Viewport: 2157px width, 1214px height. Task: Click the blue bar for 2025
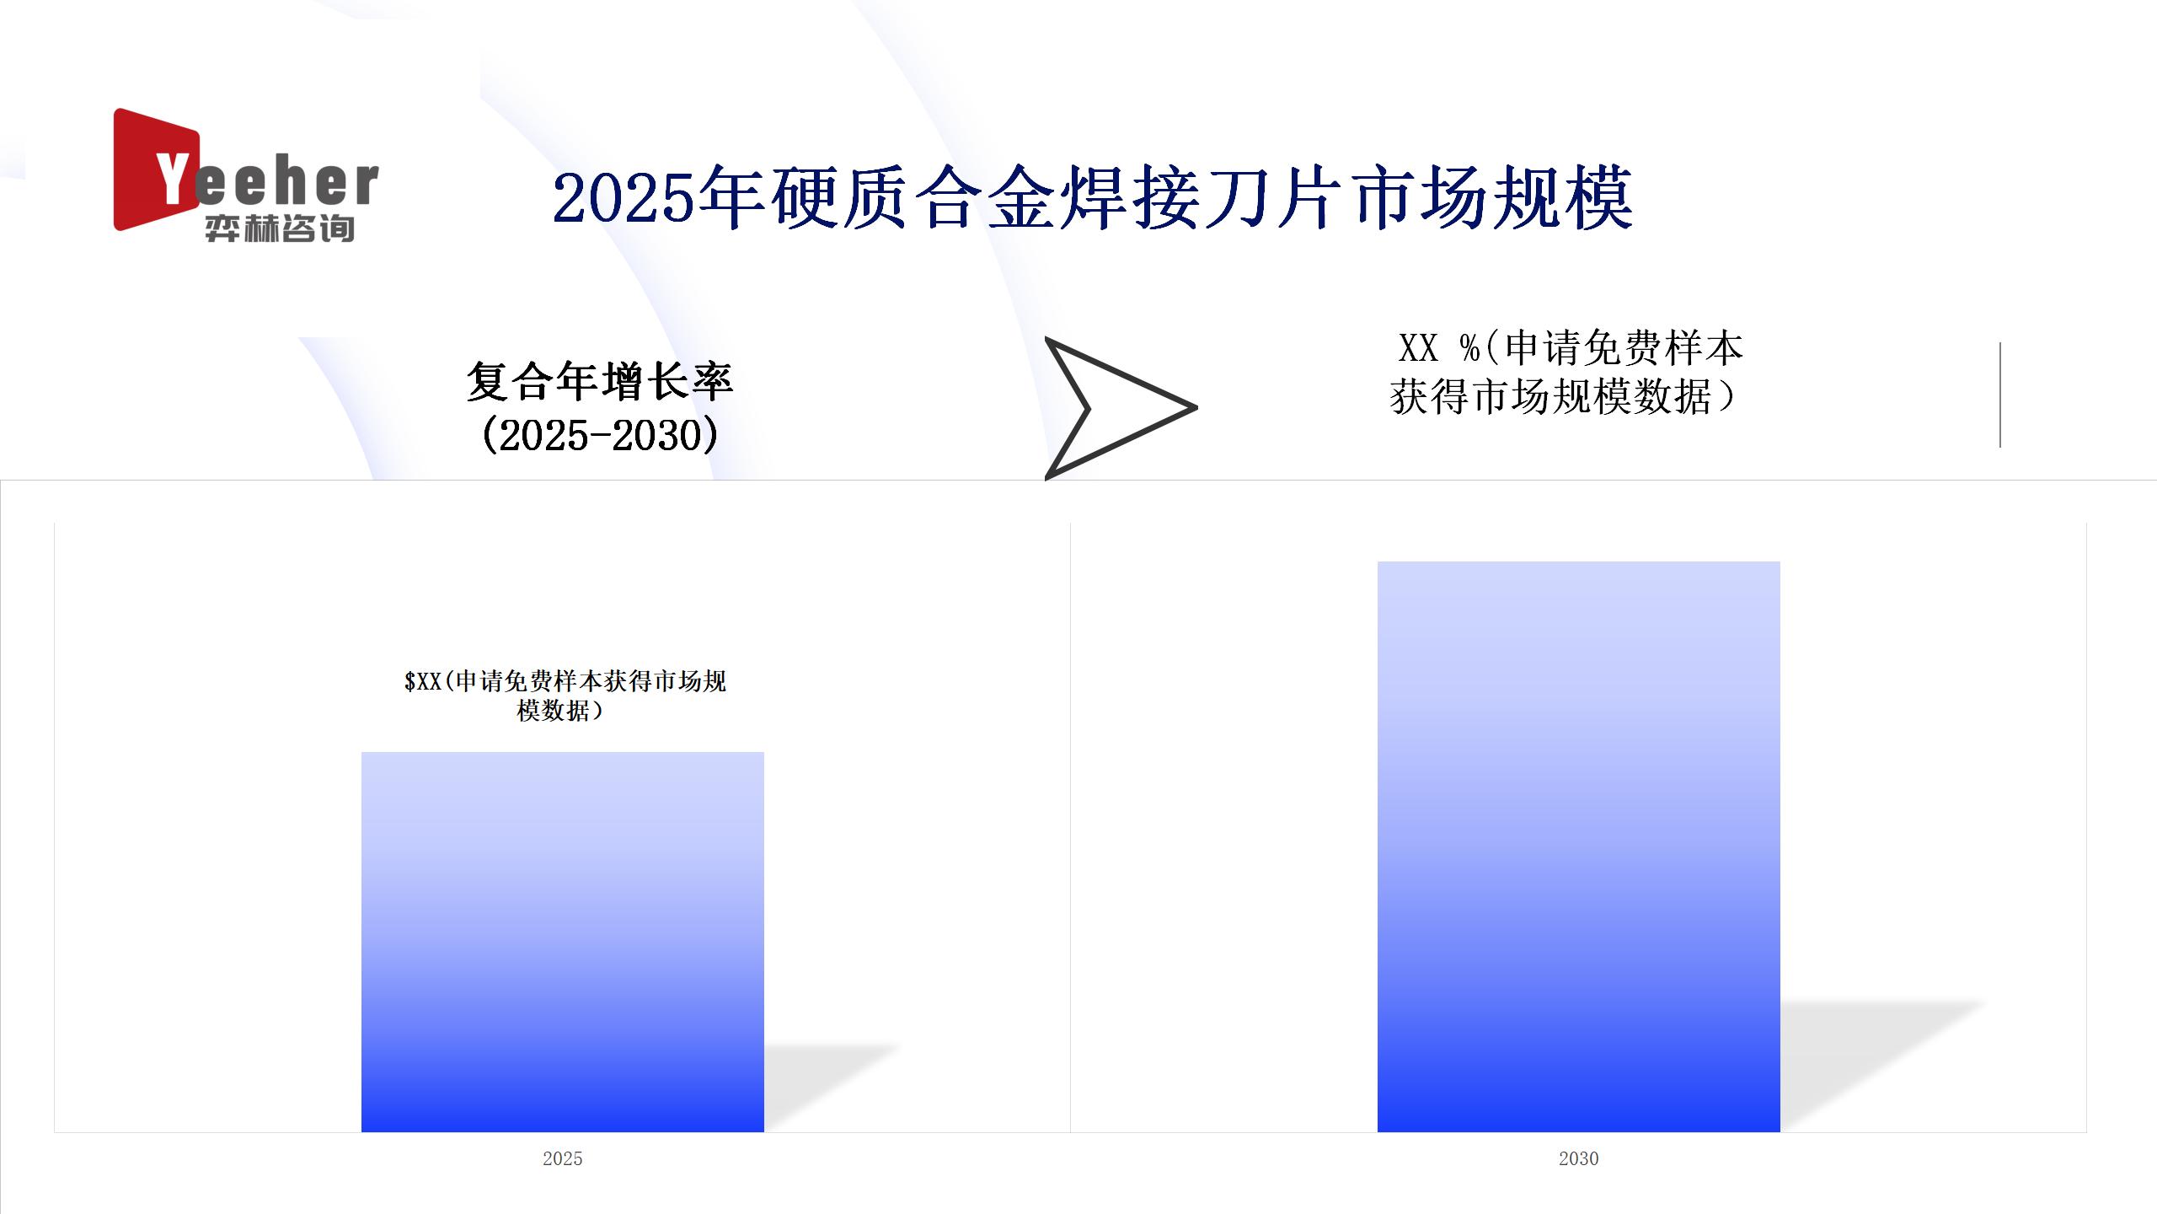[x=563, y=942]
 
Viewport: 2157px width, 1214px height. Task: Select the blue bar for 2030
[x=1579, y=846]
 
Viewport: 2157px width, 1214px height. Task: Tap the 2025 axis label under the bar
[x=563, y=1158]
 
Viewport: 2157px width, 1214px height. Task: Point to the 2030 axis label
[x=1579, y=1158]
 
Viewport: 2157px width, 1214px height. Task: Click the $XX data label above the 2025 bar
[x=565, y=696]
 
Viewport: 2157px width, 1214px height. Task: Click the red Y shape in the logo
[x=157, y=169]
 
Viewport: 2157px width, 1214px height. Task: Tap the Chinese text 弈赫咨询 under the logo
[x=280, y=228]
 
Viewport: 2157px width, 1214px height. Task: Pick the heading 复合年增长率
[x=600, y=382]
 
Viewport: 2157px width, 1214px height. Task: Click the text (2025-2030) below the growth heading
[x=600, y=435]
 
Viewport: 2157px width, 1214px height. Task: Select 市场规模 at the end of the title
[x=1494, y=199]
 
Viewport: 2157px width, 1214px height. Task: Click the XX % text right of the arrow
[x=1439, y=348]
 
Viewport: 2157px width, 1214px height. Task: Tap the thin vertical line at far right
[x=2000, y=395]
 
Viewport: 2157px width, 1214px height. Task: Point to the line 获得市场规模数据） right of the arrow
[x=1564, y=397]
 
